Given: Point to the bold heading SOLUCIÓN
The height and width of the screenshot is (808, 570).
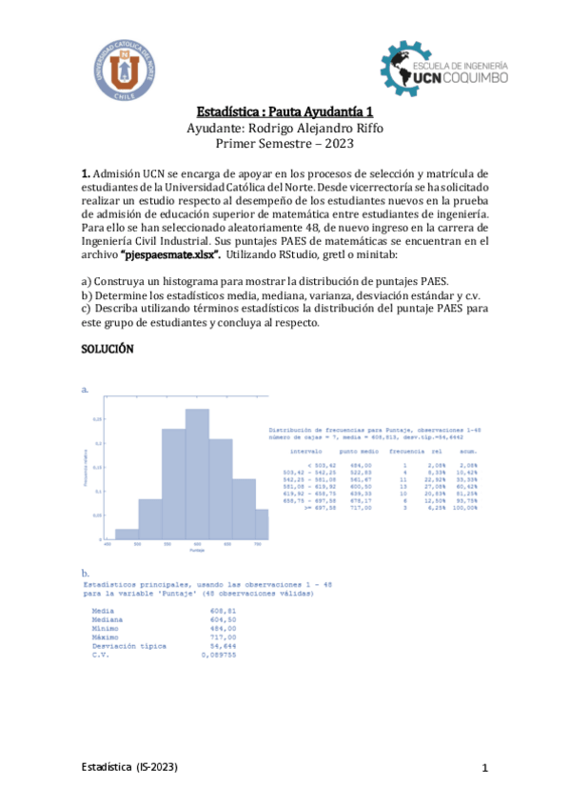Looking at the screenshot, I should [108, 350].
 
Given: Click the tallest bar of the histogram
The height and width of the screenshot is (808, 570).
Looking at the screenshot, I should [197, 486].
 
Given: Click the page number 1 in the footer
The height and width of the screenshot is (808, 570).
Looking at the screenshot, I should [484, 768].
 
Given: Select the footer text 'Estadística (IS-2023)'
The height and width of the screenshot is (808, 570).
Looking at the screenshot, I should [128, 767].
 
